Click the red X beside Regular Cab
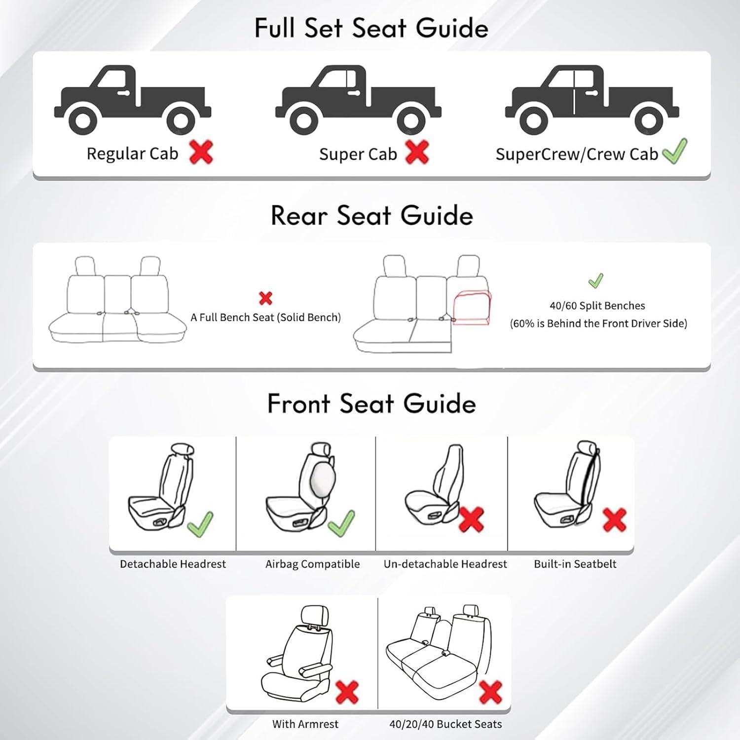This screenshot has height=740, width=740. (201, 152)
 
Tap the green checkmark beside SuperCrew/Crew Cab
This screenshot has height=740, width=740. (674, 151)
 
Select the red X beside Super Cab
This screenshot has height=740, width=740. (417, 152)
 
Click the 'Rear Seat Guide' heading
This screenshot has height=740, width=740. (372, 216)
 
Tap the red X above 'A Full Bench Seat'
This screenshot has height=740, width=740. (265, 298)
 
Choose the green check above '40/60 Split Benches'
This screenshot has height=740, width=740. (596, 281)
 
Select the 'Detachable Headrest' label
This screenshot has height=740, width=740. (173, 564)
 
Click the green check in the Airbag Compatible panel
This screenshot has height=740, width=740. (341, 523)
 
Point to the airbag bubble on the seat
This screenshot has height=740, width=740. (324, 479)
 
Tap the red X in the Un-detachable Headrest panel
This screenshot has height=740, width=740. (471, 519)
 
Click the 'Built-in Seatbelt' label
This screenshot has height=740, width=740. (575, 564)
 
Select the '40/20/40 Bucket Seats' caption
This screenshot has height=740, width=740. (445, 724)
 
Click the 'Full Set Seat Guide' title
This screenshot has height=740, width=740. (371, 28)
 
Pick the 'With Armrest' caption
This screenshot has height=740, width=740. (305, 724)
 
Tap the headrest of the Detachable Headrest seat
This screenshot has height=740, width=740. (183, 449)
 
